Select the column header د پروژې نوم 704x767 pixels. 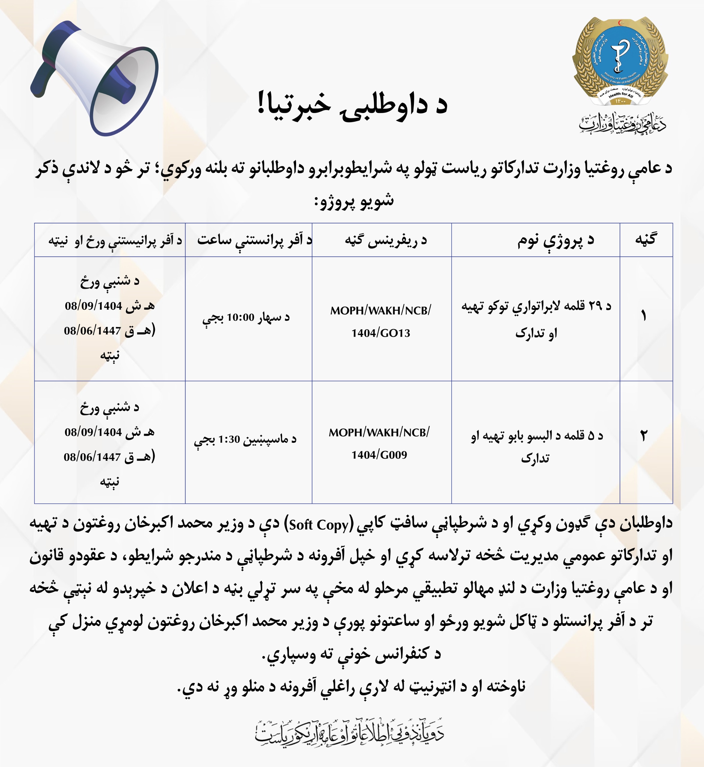pos(555,240)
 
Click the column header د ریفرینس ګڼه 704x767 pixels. pos(385,240)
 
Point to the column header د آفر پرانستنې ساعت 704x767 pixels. pos(254,240)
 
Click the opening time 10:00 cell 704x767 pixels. pos(246,318)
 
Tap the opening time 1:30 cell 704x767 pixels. pos(245,440)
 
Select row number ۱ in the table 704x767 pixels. pos(643,316)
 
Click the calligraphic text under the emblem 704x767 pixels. pos(622,123)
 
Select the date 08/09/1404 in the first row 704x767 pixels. pos(93,306)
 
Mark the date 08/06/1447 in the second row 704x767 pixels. pos(92,457)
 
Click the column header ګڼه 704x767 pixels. pos(646,240)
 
